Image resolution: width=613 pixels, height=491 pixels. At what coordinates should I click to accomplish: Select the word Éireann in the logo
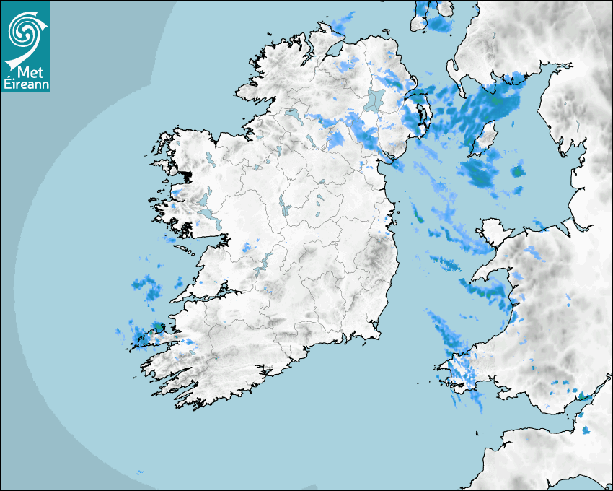click(26, 84)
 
